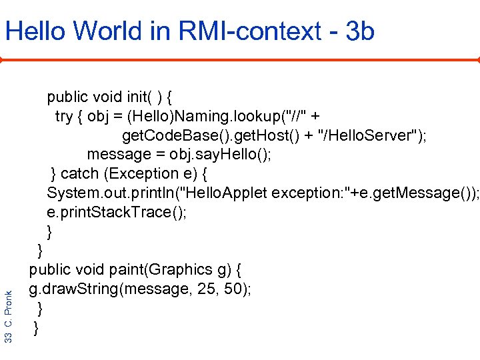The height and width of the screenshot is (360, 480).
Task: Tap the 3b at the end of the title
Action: pyautogui.click(x=361, y=31)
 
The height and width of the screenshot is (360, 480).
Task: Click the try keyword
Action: pyautogui.click(x=64, y=117)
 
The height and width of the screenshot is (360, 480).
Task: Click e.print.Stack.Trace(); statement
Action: pyautogui.click(x=117, y=213)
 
